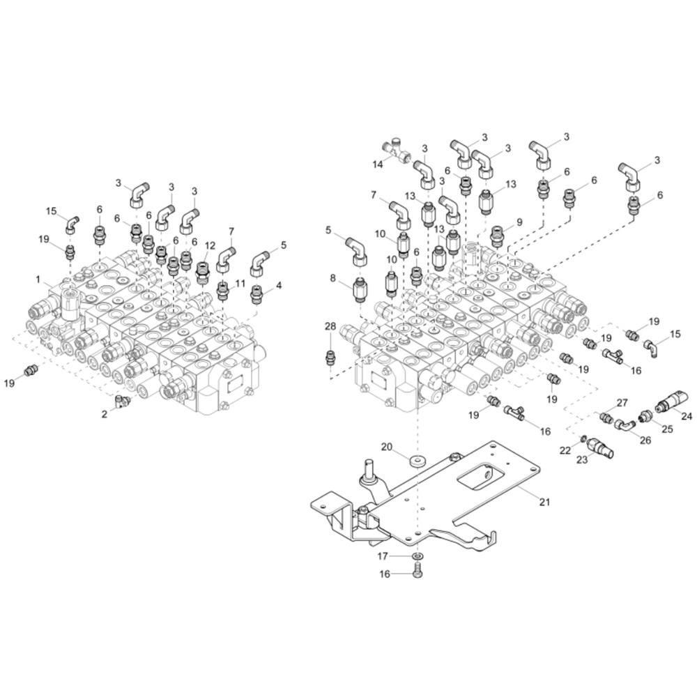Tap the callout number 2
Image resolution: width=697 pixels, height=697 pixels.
[x=105, y=413]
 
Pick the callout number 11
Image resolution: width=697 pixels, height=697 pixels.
[x=240, y=284]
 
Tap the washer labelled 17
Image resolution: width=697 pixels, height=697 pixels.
[x=417, y=557]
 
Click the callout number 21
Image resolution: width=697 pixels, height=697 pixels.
[x=544, y=503]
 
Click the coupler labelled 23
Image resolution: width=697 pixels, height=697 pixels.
[x=599, y=447]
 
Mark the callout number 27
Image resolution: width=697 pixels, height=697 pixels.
[x=622, y=402]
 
